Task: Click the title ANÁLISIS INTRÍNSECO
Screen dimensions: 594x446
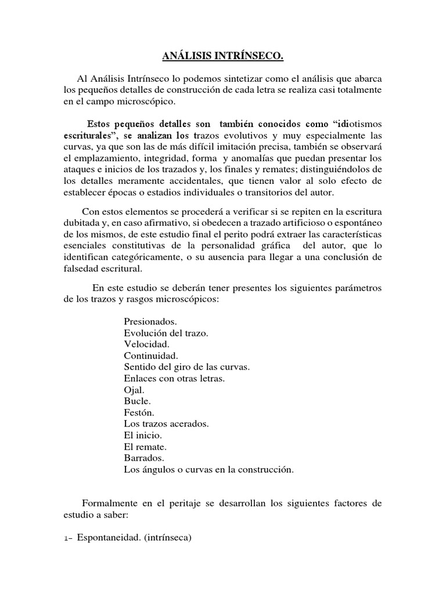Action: pos(224,57)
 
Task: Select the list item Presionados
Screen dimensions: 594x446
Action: pos(150,321)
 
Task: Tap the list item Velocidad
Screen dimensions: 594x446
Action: pos(146,344)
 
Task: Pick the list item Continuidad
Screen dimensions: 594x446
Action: pos(151,355)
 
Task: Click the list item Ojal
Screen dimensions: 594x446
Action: pos(134,389)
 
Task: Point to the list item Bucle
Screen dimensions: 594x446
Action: pos(137,401)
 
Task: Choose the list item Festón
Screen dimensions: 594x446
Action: pos(139,412)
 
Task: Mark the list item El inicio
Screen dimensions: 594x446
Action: pos(143,435)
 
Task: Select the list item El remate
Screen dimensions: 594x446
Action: pos(146,447)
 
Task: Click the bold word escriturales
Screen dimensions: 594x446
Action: pos(89,136)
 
